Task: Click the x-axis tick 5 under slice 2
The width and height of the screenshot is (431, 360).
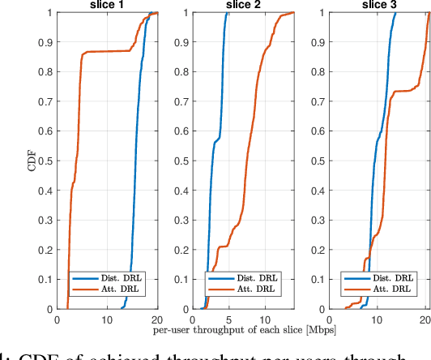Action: [x=229, y=319]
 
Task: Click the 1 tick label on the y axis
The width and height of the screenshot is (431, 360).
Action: [x=49, y=13]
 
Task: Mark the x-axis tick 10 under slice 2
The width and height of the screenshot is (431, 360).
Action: [x=265, y=319]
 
